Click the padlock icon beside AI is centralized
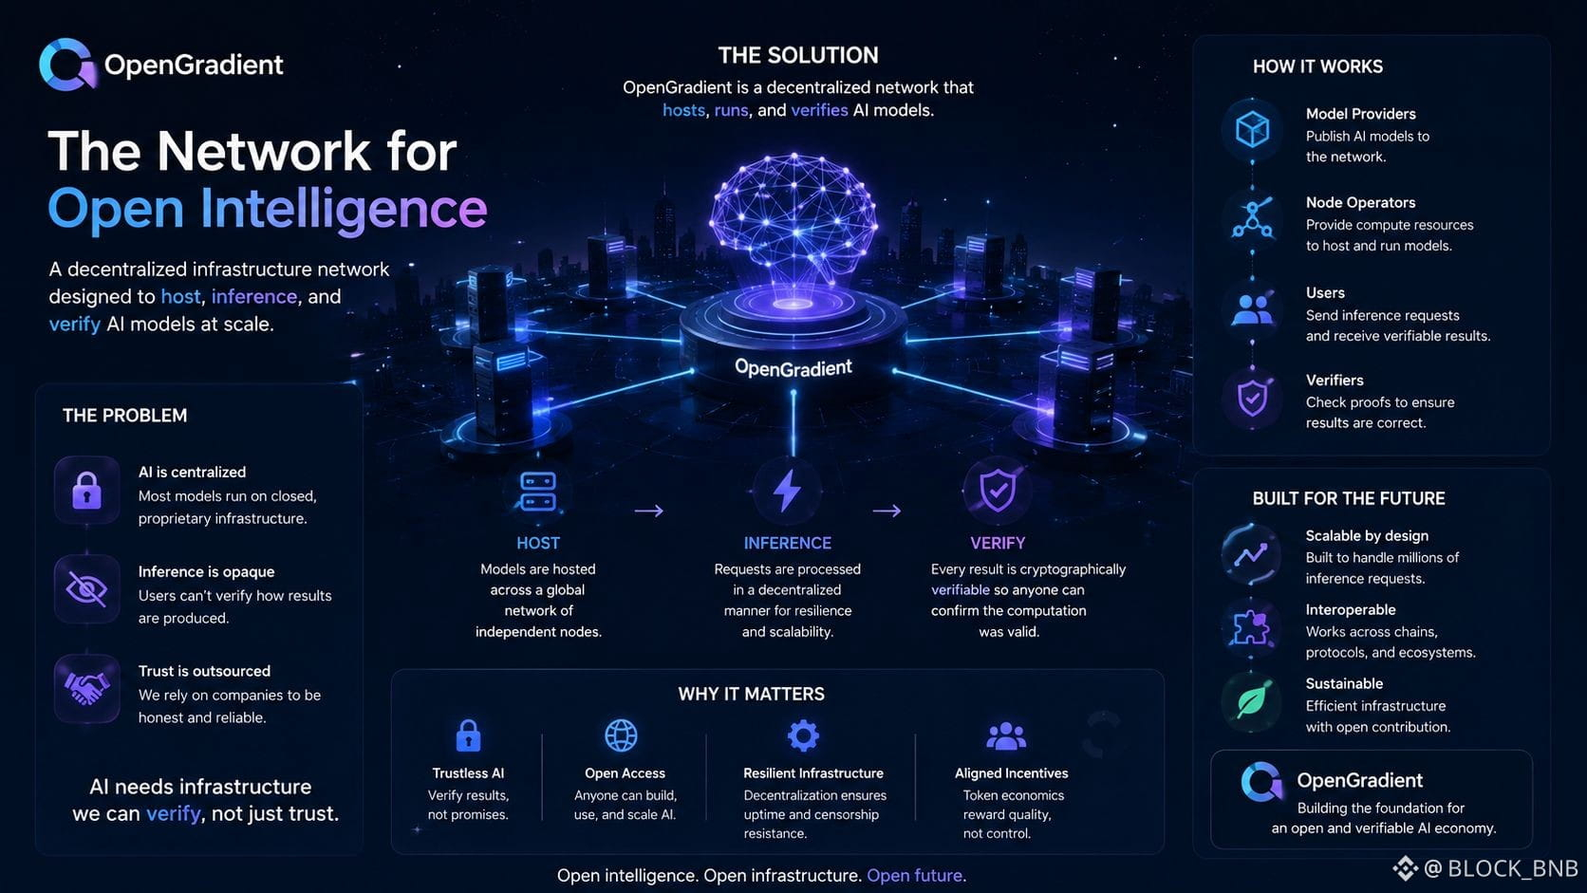coord(86,490)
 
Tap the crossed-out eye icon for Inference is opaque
coord(86,588)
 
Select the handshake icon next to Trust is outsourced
coord(86,688)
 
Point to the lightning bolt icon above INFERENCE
coord(787,490)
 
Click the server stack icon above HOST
coord(538,492)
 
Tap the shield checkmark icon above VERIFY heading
coord(998,490)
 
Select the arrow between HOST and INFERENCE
coord(649,511)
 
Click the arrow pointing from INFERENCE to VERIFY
coord(887,511)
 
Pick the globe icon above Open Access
coord(622,735)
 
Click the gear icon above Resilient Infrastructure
coord(803,735)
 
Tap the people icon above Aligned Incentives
coord(1006,736)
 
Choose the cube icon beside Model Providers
coord(1252,130)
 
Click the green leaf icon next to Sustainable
coord(1252,702)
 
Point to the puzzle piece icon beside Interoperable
coord(1250,627)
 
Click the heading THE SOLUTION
coord(798,55)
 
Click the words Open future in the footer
coord(915,875)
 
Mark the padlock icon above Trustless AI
coord(468,735)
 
